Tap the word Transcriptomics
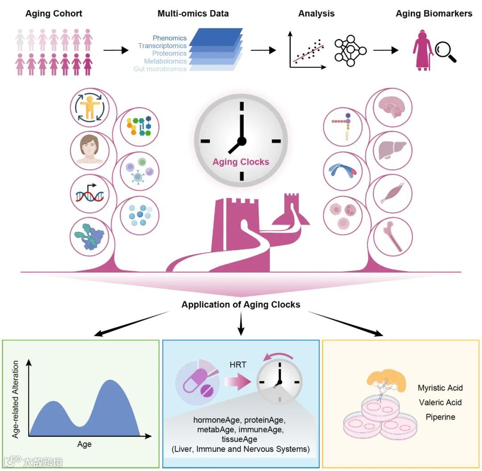click(x=162, y=46)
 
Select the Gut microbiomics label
click(x=160, y=69)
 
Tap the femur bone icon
click(x=393, y=234)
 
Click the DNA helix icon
click(x=90, y=193)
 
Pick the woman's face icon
click(x=90, y=149)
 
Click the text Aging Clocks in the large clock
click(x=241, y=161)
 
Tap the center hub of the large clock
click(x=241, y=141)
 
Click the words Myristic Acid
click(x=440, y=388)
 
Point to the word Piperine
click(x=440, y=417)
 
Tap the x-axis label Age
click(x=84, y=444)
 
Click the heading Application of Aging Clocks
click(x=241, y=305)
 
